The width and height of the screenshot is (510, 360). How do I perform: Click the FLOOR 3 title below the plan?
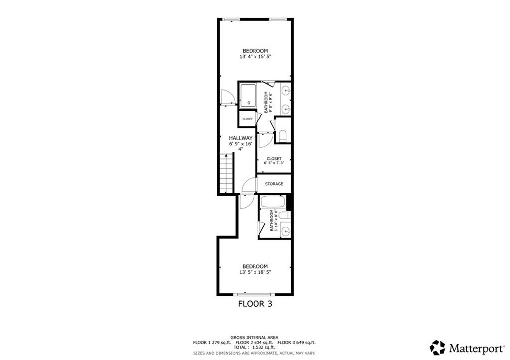click(x=255, y=304)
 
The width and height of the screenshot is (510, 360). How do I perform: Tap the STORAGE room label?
click(x=274, y=184)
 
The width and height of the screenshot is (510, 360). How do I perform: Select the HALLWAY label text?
click(x=241, y=138)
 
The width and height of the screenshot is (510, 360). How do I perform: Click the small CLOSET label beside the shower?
click(x=247, y=119)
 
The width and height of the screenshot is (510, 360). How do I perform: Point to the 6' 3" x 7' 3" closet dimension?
click(x=274, y=163)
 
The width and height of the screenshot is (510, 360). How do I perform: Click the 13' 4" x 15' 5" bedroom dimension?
click(x=255, y=57)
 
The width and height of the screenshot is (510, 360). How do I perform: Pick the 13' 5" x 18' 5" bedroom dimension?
click(x=255, y=273)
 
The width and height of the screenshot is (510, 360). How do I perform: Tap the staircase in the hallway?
click(x=227, y=174)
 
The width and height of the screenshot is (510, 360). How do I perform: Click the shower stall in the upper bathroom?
click(x=248, y=95)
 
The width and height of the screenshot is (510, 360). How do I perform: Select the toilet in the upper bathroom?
click(x=283, y=136)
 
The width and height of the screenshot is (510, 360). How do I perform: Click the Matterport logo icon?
click(x=437, y=348)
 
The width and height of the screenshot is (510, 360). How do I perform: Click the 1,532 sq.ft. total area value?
click(x=263, y=348)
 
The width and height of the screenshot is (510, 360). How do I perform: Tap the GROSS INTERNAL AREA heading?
click(x=255, y=338)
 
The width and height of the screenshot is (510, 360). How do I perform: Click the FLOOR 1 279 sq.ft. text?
click(x=212, y=343)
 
